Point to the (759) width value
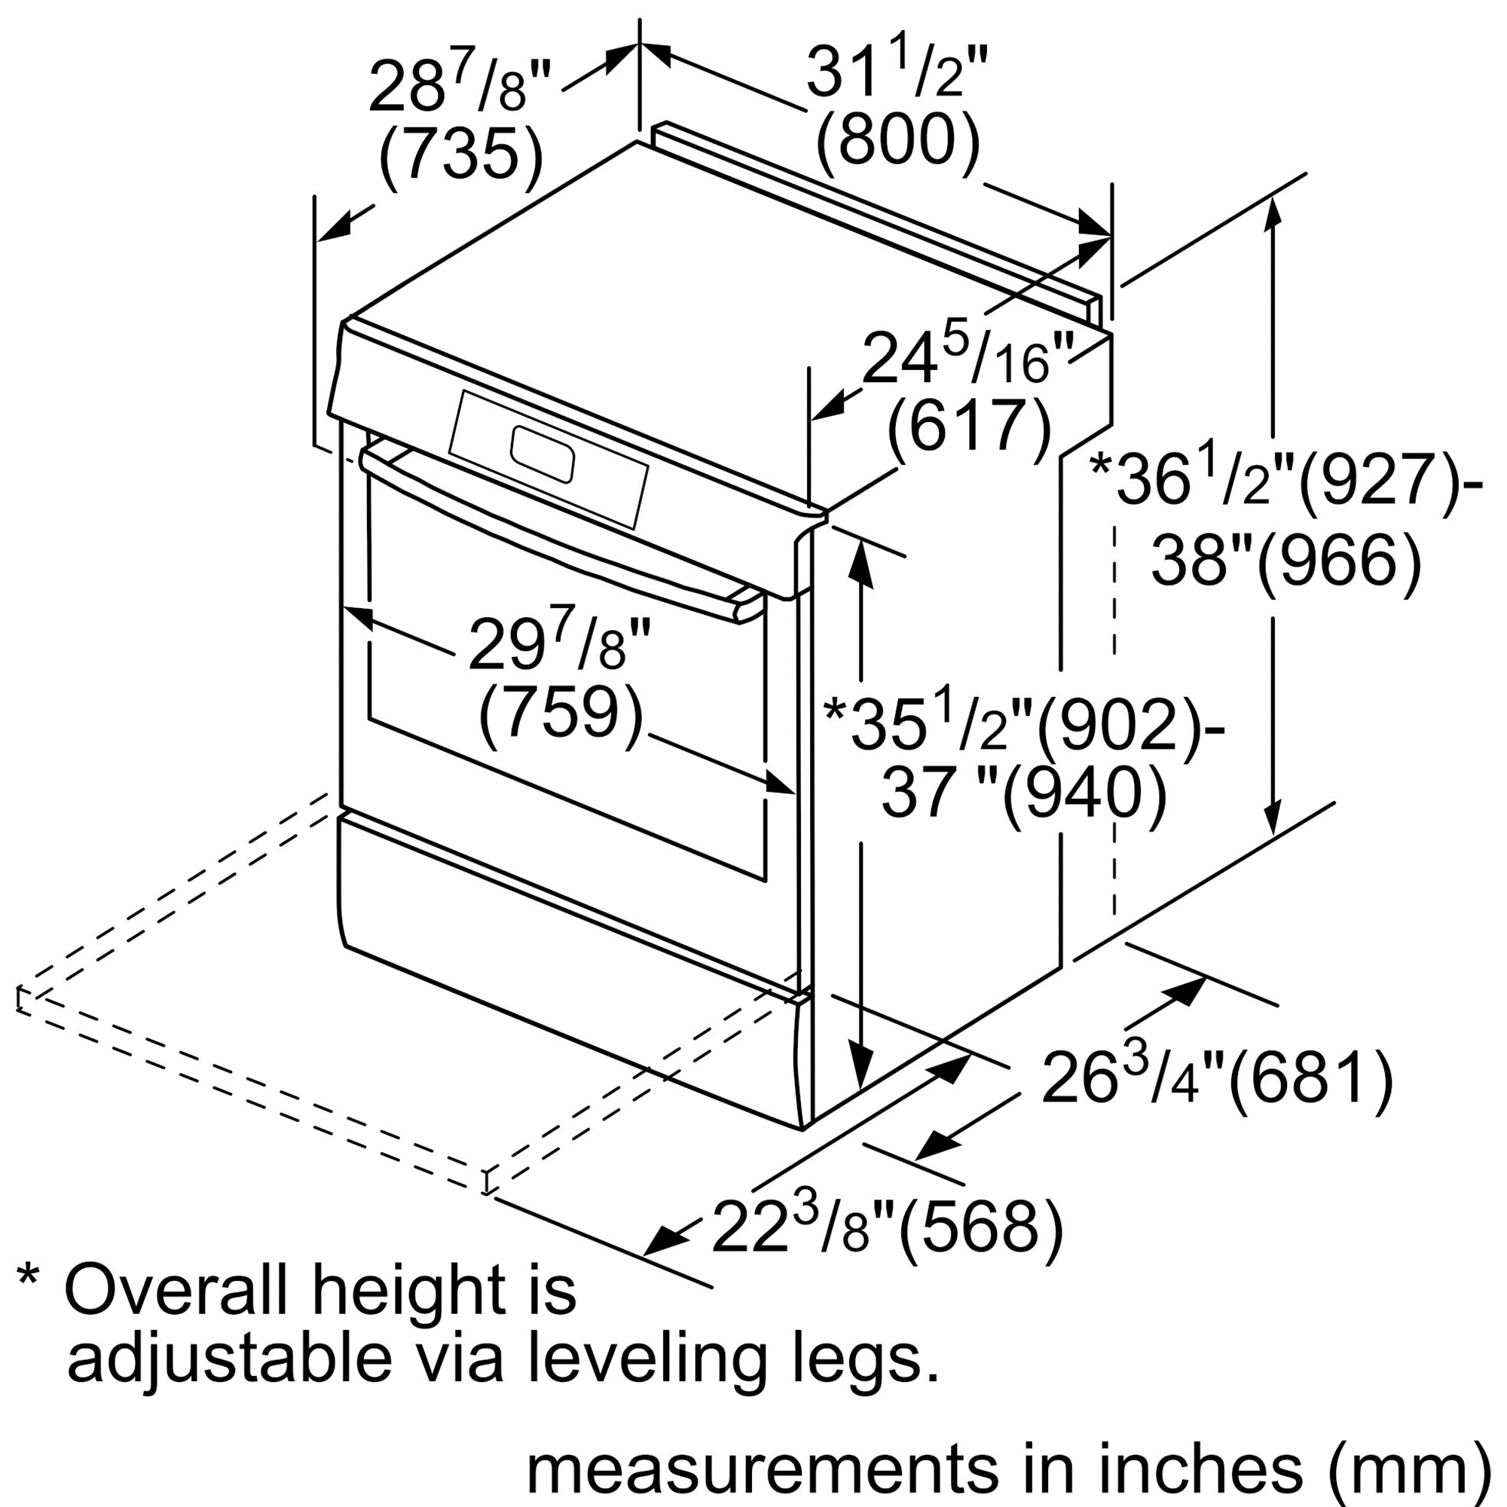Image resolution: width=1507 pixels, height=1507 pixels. pos(560,711)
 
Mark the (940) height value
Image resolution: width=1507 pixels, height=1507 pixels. pos(1084,796)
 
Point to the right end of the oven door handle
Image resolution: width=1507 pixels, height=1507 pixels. pos(747,604)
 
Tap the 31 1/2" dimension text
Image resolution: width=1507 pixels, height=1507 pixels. pos(897,74)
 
